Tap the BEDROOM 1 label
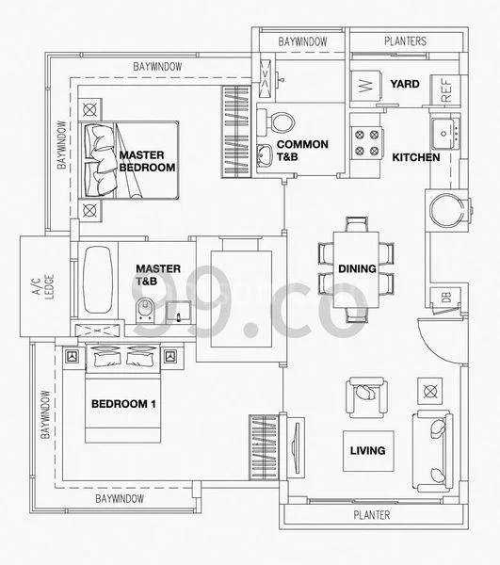point(123,404)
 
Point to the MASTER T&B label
point(158,274)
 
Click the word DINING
point(359,269)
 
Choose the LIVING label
point(367,450)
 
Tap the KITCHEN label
point(416,157)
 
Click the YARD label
point(405,85)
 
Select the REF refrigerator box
point(446,90)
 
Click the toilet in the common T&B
point(281,121)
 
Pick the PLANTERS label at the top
point(406,41)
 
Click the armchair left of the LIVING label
point(362,395)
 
